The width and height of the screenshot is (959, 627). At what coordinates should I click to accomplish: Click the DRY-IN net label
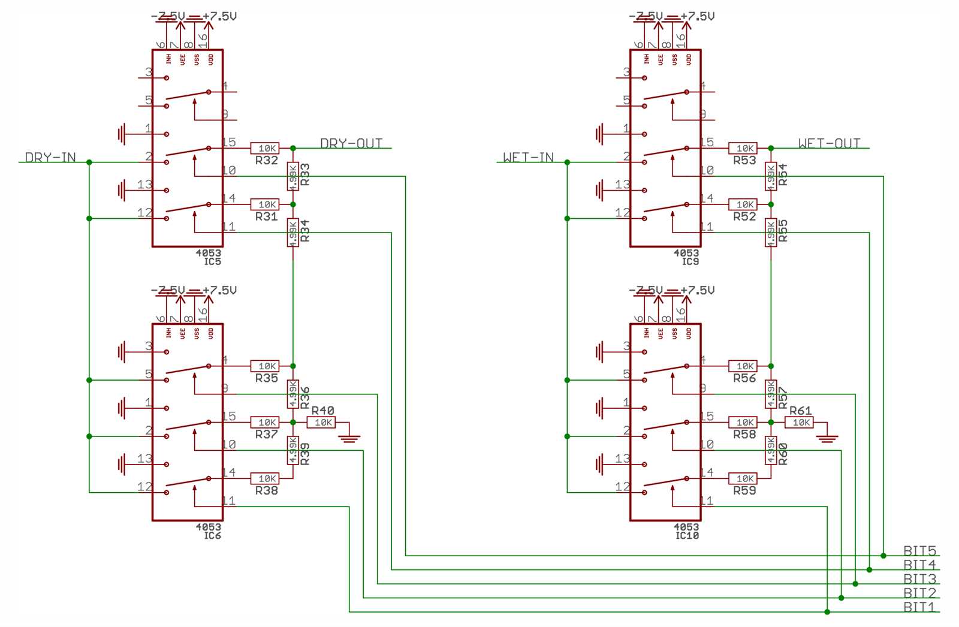pyautogui.click(x=50, y=157)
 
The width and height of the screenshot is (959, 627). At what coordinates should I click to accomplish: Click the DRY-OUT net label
pyautogui.click(x=351, y=143)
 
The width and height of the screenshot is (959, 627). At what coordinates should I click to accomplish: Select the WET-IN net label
pyautogui.click(x=528, y=157)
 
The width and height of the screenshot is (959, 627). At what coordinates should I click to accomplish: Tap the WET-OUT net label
pyautogui.click(x=829, y=143)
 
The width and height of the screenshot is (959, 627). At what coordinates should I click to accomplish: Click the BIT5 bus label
pyautogui.click(x=919, y=550)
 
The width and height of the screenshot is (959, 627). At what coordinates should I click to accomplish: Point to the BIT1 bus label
pyautogui.click(x=919, y=607)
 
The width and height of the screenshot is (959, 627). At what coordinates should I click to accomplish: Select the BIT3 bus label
pyautogui.click(x=919, y=578)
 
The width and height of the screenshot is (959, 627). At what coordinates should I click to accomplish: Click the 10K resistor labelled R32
pyautogui.click(x=265, y=148)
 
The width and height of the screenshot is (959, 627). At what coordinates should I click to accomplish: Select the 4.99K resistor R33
pyautogui.click(x=293, y=176)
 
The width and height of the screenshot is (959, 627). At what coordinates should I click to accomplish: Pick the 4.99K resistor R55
pyautogui.click(x=771, y=233)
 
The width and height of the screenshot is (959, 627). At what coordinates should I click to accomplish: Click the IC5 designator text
pyautogui.click(x=212, y=261)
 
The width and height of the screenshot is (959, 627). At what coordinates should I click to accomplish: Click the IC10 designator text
pyautogui.click(x=687, y=535)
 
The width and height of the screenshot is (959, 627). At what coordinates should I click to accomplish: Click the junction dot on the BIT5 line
pyautogui.click(x=883, y=556)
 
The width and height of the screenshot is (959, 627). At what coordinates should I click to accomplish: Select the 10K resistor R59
pyautogui.click(x=743, y=478)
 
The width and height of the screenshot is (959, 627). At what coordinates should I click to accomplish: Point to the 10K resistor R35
pyautogui.click(x=265, y=366)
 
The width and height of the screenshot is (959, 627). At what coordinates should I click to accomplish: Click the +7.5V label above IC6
pyautogui.click(x=219, y=290)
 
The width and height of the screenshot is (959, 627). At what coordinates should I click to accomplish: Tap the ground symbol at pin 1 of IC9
pyautogui.click(x=600, y=134)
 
